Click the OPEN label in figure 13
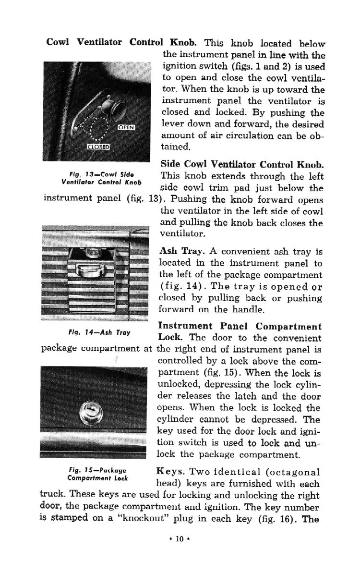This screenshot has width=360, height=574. point(127,127)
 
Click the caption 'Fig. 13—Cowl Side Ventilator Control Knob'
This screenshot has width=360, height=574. point(101,177)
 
